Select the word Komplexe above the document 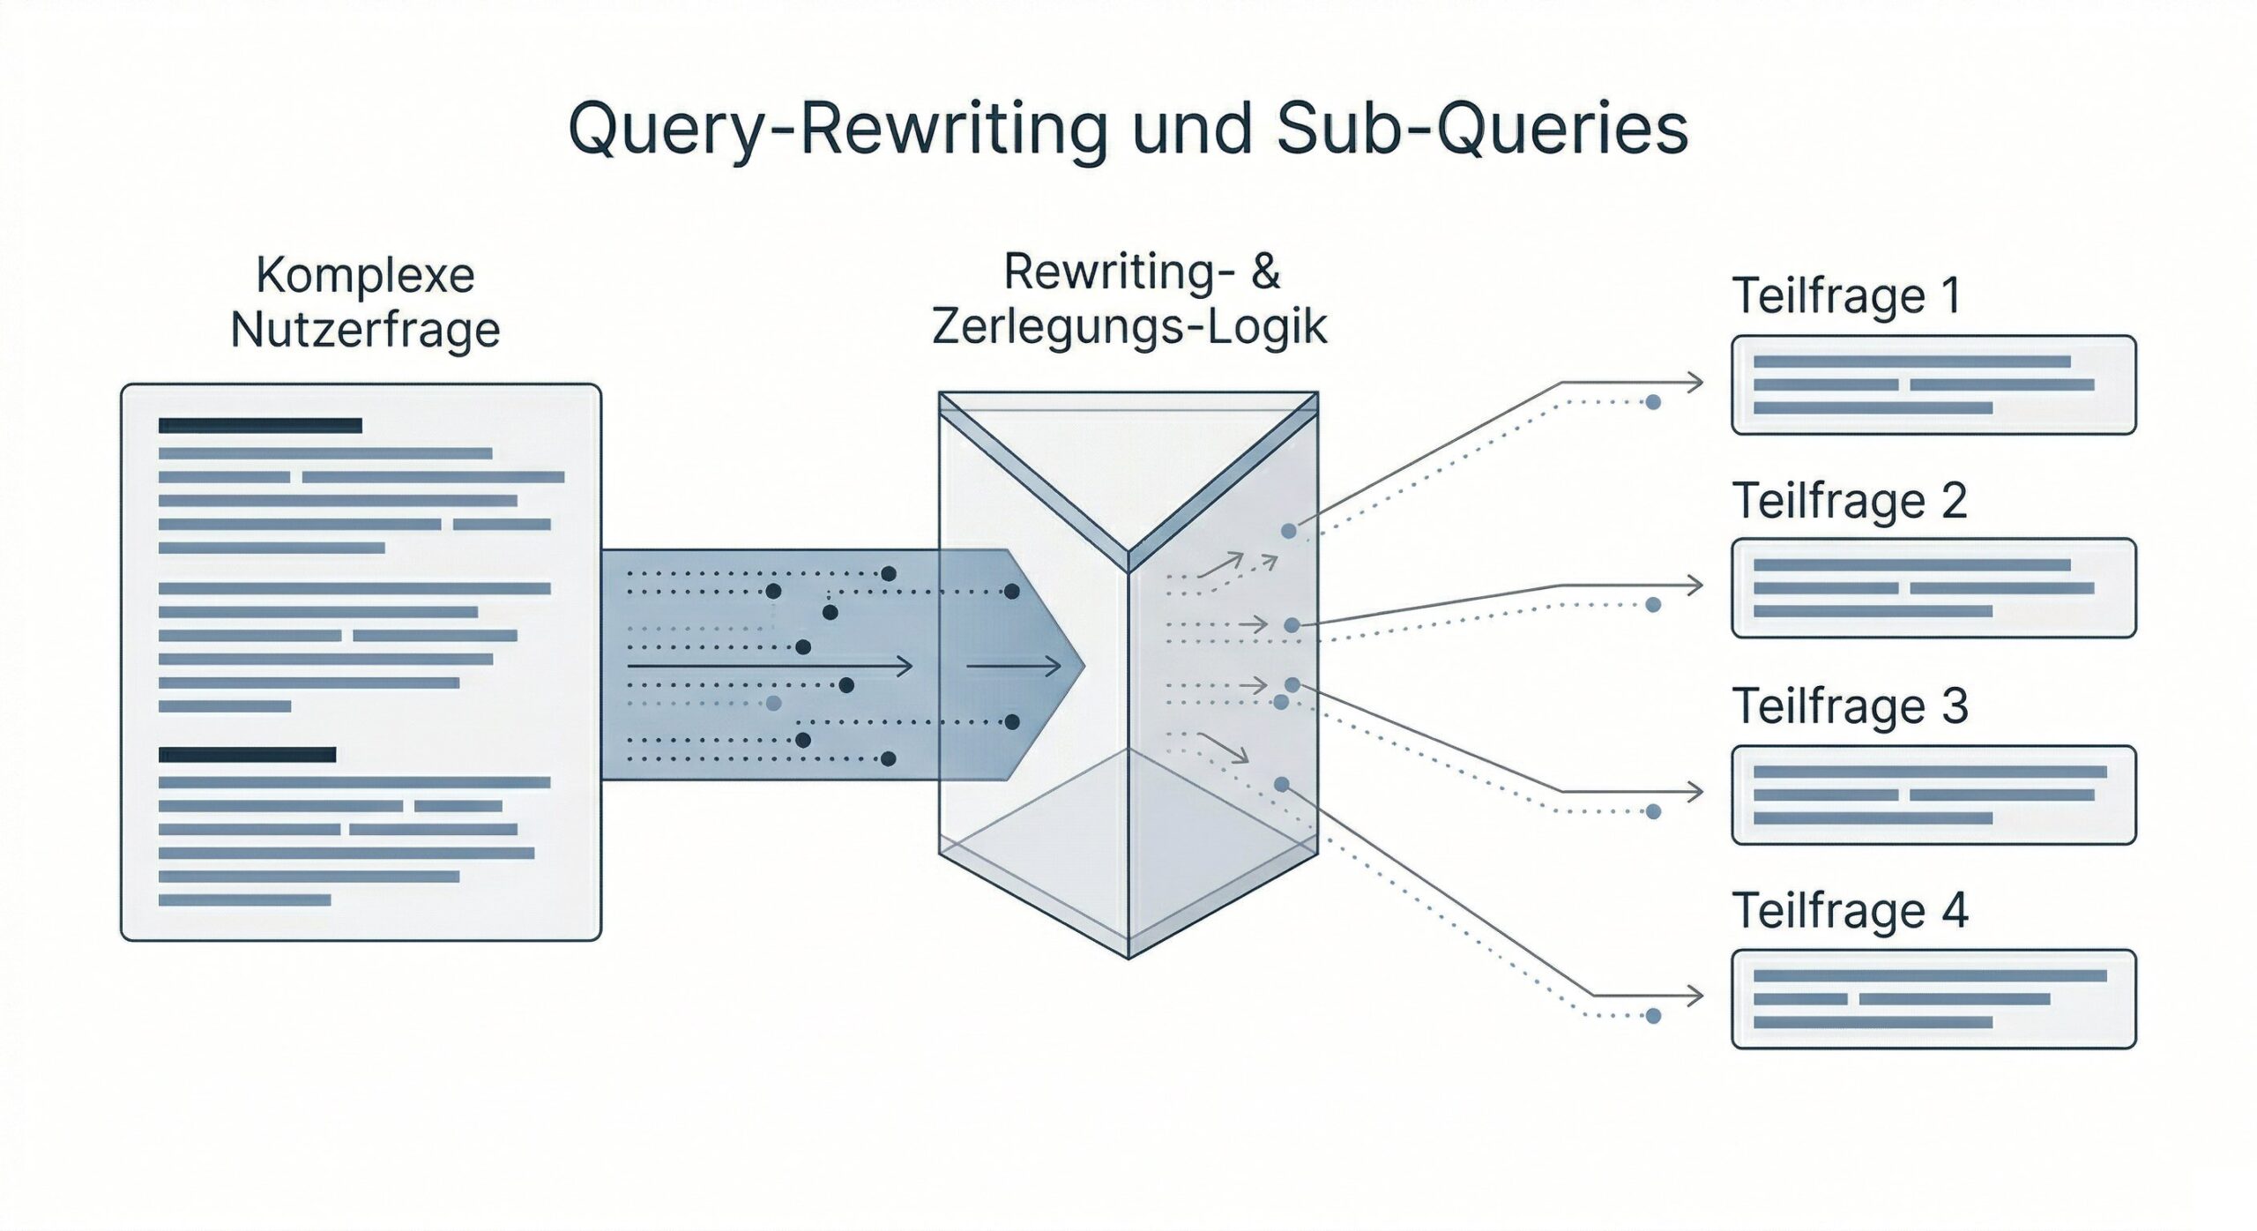pos(365,275)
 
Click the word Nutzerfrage pos(365,331)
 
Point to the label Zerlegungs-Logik pos(1128,327)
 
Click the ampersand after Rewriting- pos(1265,272)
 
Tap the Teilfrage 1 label pos(1847,295)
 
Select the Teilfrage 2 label pos(1850,501)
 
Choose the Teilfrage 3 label pos(1850,706)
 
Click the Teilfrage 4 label pos(1850,911)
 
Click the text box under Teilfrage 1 pos(1933,385)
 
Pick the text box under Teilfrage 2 pos(1933,588)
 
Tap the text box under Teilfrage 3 pos(1933,795)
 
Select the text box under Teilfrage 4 pos(1933,999)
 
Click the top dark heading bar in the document pos(260,426)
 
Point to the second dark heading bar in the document pos(247,755)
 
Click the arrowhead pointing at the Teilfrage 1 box pos(1695,383)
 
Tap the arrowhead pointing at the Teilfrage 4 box pos(1695,996)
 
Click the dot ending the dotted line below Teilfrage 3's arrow pos(1653,811)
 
